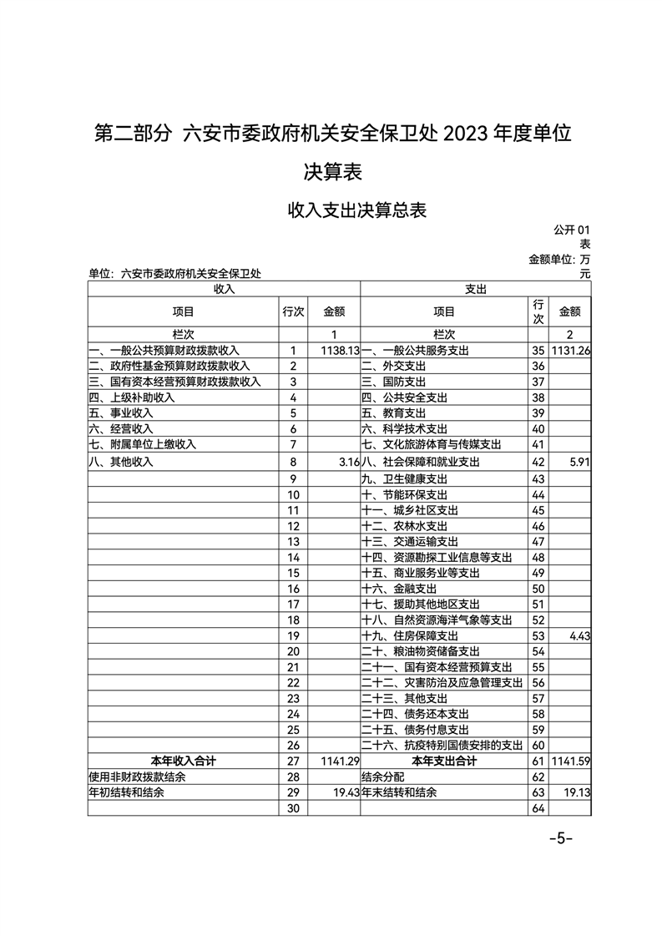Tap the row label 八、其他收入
pos(121,461)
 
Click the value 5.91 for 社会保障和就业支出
pos(578,461)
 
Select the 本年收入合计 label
pos(183,761)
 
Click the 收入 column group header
pos(224,289)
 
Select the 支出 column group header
pos(476,289)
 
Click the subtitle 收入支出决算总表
pos(357,210)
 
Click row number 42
pos(538,461)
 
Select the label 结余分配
pos(383,777)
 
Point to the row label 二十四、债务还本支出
pos(415,714)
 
